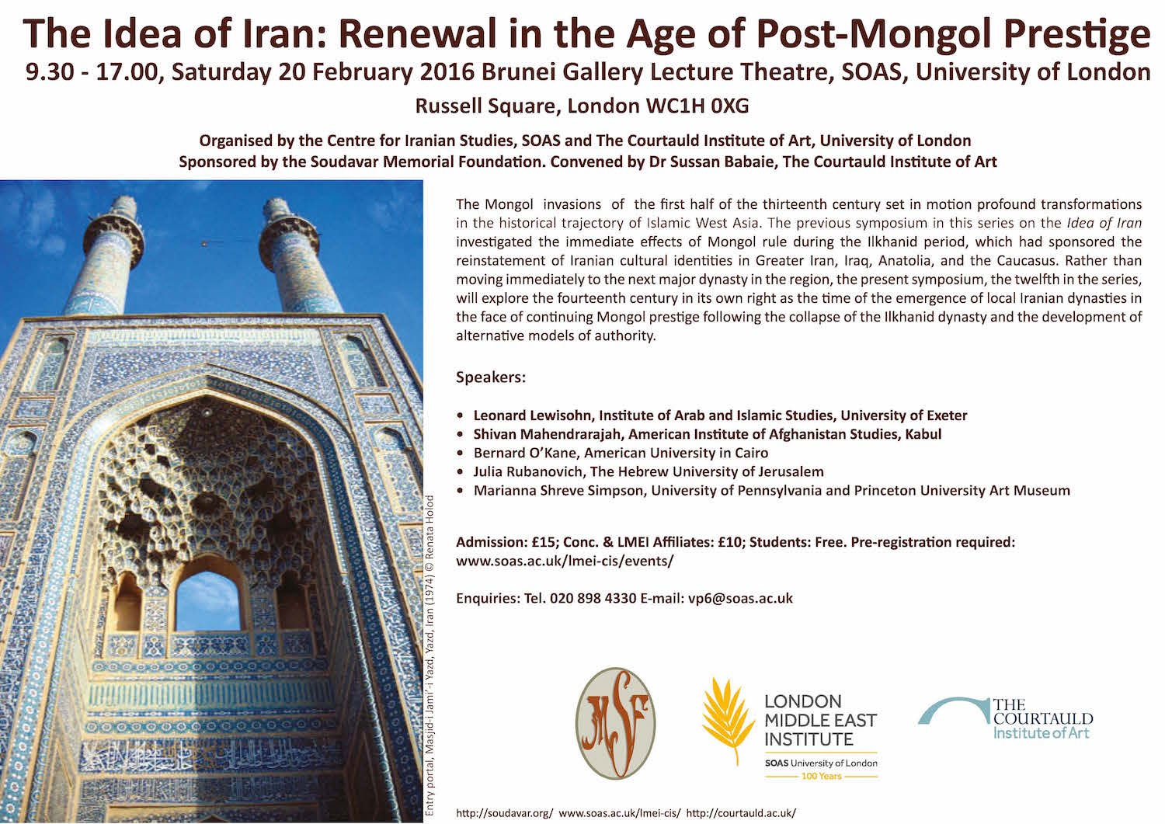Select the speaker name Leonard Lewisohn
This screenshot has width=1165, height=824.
pos(534,415)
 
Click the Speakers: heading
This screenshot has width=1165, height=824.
pos(491,377)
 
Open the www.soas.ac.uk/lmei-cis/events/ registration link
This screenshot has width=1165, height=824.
pos(565,560)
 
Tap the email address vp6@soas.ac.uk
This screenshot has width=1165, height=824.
pos(740,598)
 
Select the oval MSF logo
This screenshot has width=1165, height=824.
pos(615,723)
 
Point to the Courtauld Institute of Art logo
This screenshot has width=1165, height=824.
pos(1007,718)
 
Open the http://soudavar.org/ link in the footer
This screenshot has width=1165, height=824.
pos(505,812)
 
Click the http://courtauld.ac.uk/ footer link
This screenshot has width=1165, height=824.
pos(741,812)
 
